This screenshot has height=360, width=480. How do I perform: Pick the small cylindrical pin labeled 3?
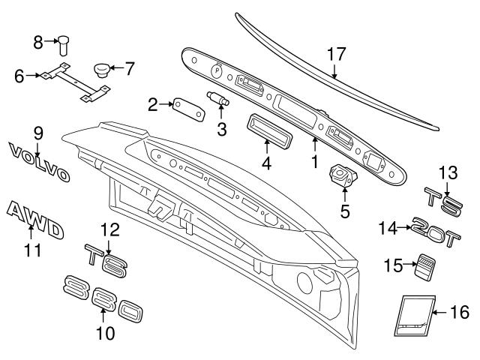(217, 99)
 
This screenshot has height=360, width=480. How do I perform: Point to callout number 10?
(106, 333)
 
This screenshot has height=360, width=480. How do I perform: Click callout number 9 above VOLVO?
(37, 133)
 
